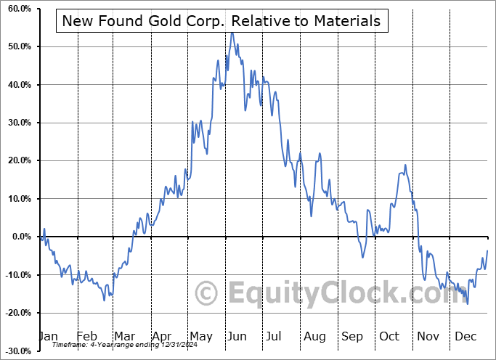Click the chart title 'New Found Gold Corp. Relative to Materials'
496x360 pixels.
[x=221, y=21]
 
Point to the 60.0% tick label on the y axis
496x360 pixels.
[x=20, y=9]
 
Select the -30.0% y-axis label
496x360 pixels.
[x=18, y=351]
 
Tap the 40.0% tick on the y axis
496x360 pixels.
[x=20, y=85]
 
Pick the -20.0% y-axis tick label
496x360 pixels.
[x=18, y=313]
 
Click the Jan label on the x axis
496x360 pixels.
[x=47, y=337]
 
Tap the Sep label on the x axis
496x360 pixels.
[x=351, y=337]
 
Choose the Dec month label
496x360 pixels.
[x=465, y=337]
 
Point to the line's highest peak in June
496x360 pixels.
[x=232, y=33]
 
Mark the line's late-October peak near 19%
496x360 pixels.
[x=405, y=165]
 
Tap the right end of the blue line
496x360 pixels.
[x=487, y=250]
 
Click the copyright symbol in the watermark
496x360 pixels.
[x=207, y=293]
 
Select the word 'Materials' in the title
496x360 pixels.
[x=347, y=21]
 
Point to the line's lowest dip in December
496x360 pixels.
[x=468, y=303]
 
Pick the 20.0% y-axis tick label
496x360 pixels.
[x=20, y=160]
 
